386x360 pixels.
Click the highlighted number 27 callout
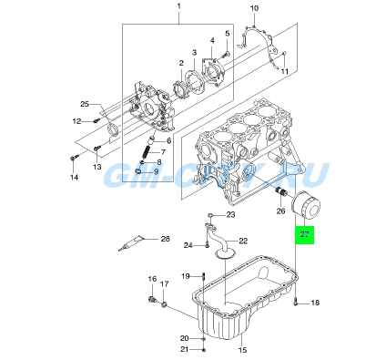coord(304,236)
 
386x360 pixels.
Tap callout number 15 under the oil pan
coord(243,350)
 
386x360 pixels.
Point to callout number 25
coord(84,103)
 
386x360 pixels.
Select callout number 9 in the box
coord(156,171)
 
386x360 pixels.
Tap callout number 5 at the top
coord(227,33)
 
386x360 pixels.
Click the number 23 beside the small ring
coord(231,215)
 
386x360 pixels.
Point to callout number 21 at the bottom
coord(185,349)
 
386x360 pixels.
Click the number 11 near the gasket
coord(285,71)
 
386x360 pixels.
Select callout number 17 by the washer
coord(165,285)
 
